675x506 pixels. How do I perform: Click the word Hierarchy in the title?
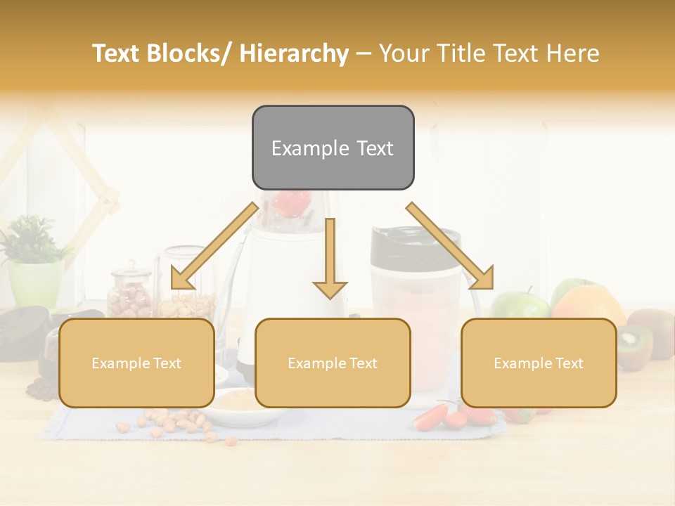(294, 53)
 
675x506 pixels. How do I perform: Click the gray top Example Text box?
(333, 148)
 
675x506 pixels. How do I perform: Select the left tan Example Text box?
(136, 363)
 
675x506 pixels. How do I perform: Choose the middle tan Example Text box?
(333, 363)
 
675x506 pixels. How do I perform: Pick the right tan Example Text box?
(539, 363)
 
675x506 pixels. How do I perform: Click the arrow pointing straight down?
(330, 260)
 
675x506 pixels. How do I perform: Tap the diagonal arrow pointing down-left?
(211, 246)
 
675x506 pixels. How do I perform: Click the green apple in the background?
(519, 304)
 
